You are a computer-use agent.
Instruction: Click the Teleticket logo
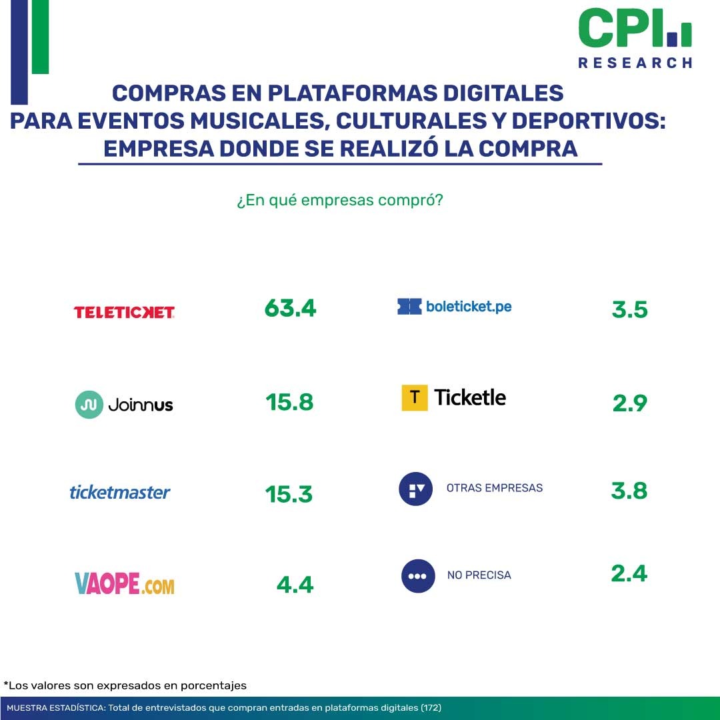click(x=124, y=312)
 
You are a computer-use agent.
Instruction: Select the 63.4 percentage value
click(x=290, y=308)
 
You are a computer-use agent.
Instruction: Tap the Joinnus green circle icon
click(x=89, y=405)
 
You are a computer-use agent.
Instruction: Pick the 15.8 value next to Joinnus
click(x=289, y=403)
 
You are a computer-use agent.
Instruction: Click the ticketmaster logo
click(x=120, y=493)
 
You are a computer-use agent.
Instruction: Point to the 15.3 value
click(x=289, y=494)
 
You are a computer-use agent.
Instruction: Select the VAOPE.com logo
click(x=125, y=585)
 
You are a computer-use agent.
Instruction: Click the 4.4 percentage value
click(x=295, y=585)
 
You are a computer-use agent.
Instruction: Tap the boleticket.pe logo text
click(x=469, y=307)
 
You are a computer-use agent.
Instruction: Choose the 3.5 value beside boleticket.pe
click(x=629, y=310)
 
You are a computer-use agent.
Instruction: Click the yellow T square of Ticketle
click(x=414, y=398)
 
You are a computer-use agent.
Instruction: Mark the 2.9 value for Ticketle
click(x=629, y=403)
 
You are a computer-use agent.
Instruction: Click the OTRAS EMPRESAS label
click(x=494, y=488)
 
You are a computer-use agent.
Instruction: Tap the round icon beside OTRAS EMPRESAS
click(x=416, y=489)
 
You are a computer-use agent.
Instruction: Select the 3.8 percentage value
click(x=629, y=491)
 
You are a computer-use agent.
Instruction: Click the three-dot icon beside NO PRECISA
click(x=418, y=575)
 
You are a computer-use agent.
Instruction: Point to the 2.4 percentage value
click(x=629, y=573)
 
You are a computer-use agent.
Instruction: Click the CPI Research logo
click(x=635, y=37)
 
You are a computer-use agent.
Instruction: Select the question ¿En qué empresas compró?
click(x=339, y=201)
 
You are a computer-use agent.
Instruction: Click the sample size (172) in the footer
click(x=431, y=707)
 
